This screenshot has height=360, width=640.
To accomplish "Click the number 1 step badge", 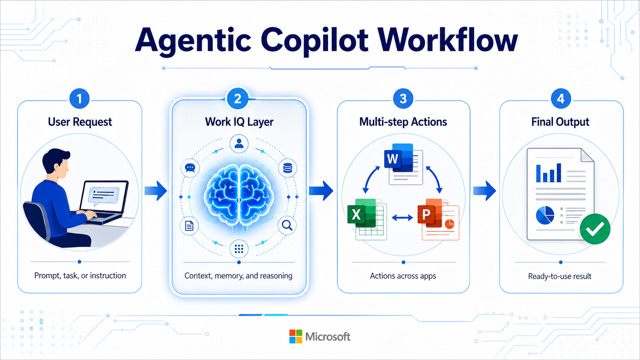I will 79,99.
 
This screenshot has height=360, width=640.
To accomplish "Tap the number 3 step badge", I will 403,99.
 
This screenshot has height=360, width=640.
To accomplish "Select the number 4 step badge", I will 561,99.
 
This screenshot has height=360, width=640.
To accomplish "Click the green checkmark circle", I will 595,229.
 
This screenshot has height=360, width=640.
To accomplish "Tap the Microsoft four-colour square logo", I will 296,337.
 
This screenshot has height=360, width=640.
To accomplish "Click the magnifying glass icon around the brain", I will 287,225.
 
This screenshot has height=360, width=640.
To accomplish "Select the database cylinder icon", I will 287,168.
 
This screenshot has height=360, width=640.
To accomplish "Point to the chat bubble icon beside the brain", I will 190,168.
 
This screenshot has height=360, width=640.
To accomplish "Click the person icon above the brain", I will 239,143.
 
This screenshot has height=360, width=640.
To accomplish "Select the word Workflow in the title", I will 447,40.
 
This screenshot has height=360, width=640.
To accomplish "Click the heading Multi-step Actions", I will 403,122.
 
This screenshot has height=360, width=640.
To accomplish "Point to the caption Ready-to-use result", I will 560,276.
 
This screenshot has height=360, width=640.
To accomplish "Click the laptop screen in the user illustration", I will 104,196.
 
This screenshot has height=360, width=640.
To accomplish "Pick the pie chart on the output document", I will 545,215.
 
